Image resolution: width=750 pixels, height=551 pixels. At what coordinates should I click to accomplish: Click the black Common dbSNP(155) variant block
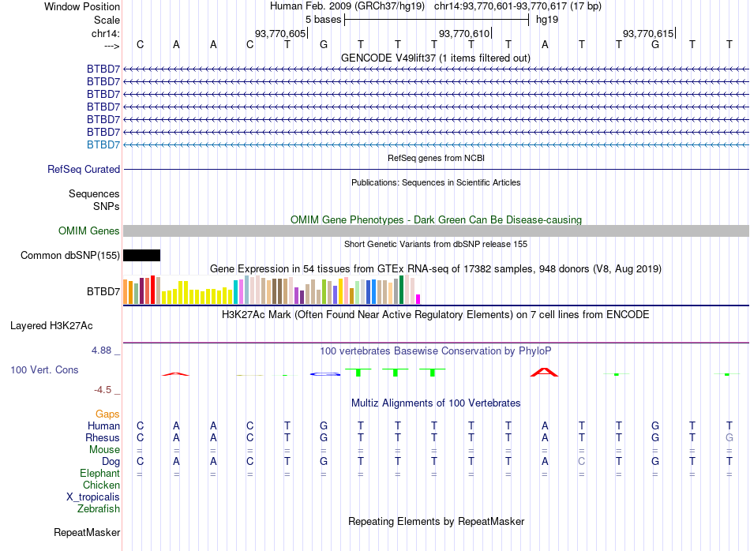point(141,255)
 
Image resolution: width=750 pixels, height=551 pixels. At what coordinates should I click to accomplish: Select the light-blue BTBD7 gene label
point(103,144)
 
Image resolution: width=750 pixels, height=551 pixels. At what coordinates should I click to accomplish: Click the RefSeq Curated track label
point(84,169)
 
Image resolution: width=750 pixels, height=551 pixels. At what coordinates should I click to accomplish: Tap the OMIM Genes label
point(89,231)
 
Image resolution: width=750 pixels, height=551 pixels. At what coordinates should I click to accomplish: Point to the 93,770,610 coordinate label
point(464,33)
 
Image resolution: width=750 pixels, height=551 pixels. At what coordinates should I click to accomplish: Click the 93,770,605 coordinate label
point(280,33)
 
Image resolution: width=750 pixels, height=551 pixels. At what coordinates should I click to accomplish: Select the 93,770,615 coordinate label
point(648,33)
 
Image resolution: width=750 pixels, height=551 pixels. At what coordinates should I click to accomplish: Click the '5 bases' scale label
point(323,19)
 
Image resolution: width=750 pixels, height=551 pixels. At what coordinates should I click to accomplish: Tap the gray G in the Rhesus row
point(729,437)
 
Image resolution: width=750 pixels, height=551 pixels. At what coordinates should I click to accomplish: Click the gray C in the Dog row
point(582,461)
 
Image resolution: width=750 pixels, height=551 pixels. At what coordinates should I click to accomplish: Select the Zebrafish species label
point(99,508)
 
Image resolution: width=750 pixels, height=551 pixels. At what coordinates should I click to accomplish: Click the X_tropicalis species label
point(93,497)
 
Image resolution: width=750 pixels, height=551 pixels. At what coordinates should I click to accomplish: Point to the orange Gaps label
point(107,414)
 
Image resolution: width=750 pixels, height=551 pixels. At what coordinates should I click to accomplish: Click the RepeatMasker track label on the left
point(87,533)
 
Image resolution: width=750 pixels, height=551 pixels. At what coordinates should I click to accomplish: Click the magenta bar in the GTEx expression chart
point(418,298)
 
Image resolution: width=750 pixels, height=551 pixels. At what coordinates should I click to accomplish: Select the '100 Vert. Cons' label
point(44,369)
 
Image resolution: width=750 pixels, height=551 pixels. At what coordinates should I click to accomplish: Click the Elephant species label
point(99,473)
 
